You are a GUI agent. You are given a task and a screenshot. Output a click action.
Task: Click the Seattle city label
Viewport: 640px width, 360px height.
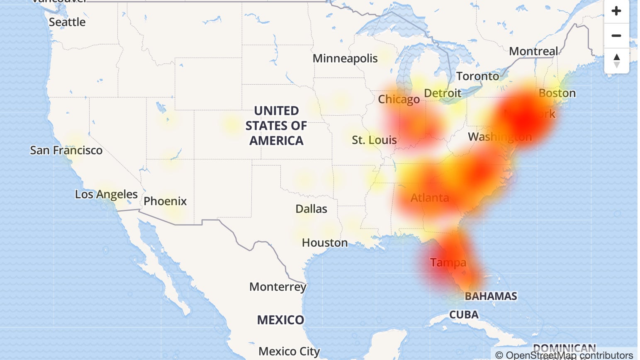67,22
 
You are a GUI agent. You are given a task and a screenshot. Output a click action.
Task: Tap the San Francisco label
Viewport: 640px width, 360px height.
66,150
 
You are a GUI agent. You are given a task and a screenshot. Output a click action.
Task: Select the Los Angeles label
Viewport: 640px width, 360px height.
106,194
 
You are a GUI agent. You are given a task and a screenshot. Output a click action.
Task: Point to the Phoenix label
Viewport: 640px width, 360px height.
165,201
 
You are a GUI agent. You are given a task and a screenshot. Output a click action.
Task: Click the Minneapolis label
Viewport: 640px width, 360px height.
345,58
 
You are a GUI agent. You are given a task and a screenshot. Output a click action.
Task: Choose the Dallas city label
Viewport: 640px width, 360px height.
311,209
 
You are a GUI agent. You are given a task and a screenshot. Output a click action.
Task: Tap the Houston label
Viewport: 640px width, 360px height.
325,243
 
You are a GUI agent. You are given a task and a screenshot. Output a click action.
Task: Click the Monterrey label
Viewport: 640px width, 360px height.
277,287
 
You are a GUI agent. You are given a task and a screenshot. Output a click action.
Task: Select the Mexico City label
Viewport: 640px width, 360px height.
289,351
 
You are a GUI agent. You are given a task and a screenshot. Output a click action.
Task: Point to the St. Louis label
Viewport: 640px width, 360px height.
374,140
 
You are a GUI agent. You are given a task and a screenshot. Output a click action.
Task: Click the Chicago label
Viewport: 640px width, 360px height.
399,100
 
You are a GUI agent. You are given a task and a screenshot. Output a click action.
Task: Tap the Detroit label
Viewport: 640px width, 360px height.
443,93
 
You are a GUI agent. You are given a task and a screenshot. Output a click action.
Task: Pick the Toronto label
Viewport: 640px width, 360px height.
477,76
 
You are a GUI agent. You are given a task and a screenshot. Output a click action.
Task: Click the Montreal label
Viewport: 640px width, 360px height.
533,51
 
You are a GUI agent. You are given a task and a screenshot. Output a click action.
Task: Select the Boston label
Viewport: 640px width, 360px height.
557,93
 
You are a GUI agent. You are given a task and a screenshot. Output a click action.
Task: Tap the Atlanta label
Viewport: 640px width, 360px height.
430,197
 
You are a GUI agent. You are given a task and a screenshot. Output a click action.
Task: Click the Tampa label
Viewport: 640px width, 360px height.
448,263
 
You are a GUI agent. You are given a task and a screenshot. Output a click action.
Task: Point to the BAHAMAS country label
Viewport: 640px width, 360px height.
491,296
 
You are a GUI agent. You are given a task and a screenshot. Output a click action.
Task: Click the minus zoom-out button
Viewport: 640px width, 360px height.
616,36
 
